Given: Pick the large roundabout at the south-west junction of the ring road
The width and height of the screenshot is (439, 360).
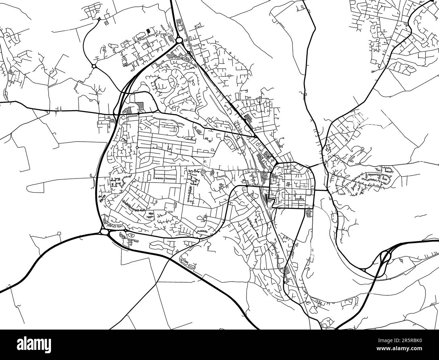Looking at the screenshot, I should click(104, 232).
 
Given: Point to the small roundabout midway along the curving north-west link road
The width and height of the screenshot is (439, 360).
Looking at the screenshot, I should click(94, 66).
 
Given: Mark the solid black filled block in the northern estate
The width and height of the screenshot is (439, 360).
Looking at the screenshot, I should click(148, 31).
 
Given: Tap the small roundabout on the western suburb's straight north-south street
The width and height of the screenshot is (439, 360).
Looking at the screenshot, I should click(137, 147).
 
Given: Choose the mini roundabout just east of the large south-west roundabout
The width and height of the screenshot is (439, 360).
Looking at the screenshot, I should click(125, 231).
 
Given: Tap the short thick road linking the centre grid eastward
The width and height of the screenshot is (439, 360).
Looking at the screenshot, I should click(321, 190).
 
